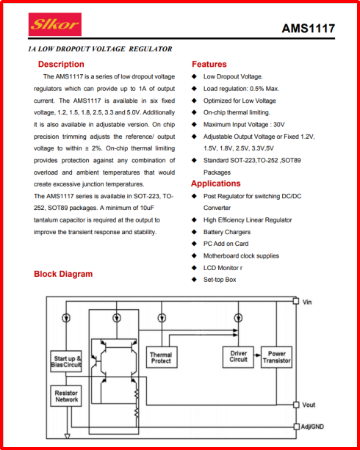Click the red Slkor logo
click(x=55, y=24)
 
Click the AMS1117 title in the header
click(x=309, y=29)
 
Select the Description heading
click(x=61, y=64)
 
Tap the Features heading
click(x=209, y=64)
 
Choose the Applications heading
click(x=216, y=184)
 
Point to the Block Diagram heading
click(x=63, y=274)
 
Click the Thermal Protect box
click(x=162, y=358)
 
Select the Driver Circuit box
click(x=238, y=357)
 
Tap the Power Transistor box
click(x=276, y=357)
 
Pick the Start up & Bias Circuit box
click(x=66, y=361)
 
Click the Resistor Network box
click(x=66, y=396)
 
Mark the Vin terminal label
click(x=307, y=302)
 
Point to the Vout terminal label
click(x=309, y=404)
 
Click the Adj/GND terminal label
click(x=312, y=427)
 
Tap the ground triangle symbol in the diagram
click(x=68, y=437)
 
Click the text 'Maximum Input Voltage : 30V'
click(x=244, y=125)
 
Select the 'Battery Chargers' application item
click(x=227, y=232)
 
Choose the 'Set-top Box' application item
click(x=220, y=280)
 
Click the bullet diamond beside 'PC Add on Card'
click(x=195, y=244)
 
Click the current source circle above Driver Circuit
click(x=238, y=318)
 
